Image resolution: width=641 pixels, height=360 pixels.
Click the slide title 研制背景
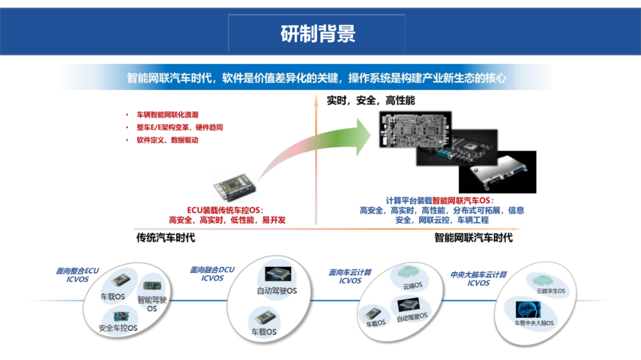click(x=318, y=33)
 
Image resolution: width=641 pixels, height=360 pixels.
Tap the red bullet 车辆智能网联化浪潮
click(x=167, y=115)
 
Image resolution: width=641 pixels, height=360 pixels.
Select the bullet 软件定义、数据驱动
click(x=167, y=140)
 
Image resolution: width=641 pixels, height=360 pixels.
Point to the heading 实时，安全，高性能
click(x=371, y=100)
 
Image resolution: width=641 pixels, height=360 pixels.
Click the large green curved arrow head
click(x=363, y=137)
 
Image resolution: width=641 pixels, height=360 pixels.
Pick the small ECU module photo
click(x=234, y=187)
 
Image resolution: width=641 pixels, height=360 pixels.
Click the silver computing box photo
click(x=498, y=172)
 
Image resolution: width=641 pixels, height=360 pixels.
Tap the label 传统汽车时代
click(x=166, y=238)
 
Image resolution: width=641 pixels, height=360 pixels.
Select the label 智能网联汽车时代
click(x=474, y=238)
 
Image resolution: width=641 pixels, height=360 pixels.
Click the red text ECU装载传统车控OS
click(x=226, y=210)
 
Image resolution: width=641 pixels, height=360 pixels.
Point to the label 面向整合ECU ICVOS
click(x=77, y=275)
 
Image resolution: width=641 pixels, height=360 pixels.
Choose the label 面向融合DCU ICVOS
click(x=212, y=274)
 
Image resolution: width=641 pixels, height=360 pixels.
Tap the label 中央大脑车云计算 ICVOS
click(x=478, y=279)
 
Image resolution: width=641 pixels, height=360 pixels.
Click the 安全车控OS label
click(x=118, y=328)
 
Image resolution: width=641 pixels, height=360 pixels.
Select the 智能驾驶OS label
click(x=152, y=304)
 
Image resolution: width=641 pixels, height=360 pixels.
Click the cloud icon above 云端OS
click(x=408, y=272)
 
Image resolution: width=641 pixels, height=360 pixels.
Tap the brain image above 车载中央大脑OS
click(x=528, y=310)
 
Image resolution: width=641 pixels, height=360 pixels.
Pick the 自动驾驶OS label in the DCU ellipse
click(x=277, y=291)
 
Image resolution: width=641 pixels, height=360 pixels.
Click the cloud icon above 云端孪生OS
click(x=543, y=281)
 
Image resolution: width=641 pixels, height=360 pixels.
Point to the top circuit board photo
click(x=415, y=129)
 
